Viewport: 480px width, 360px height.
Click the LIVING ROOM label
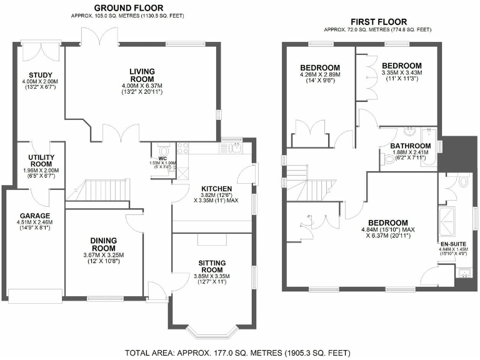point(142,75)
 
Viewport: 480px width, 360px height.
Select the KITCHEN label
point(217,189)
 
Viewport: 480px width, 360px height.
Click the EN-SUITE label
point(453,244)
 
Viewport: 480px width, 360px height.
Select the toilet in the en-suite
point(462,182)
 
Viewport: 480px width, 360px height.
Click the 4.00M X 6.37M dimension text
point(142,86)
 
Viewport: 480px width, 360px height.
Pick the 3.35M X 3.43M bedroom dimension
point(402,72)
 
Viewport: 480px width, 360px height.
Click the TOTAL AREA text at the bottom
point(240,352)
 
